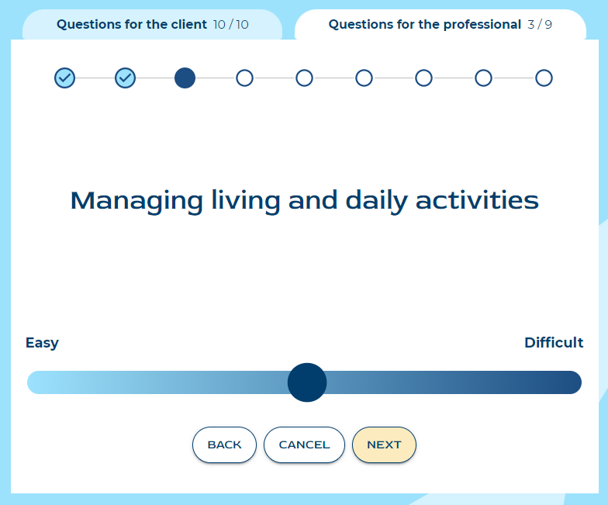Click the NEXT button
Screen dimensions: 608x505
pos(384,444)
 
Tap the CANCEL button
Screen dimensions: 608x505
pos(304,444)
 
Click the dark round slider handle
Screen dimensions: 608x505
pos(307,382)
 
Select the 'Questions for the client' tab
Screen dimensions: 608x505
pos(152,25)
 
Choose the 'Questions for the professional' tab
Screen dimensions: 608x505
pos(440,25)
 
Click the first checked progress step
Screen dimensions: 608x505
pos(65,78)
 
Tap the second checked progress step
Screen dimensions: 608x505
pos(126,78)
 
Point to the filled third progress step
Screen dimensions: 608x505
pos(185,78)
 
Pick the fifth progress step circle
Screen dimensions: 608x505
pos(304,78)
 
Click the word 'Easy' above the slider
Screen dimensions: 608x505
pos(42,343)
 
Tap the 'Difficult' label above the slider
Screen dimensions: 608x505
pos(554,343)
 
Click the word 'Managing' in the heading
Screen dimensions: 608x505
pos(136,201)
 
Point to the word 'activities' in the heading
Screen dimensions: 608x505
pos(477,200)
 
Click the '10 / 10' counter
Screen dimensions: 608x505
pos(231,25)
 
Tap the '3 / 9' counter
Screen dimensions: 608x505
pos(540,25)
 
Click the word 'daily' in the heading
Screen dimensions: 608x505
pos(377,201)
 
